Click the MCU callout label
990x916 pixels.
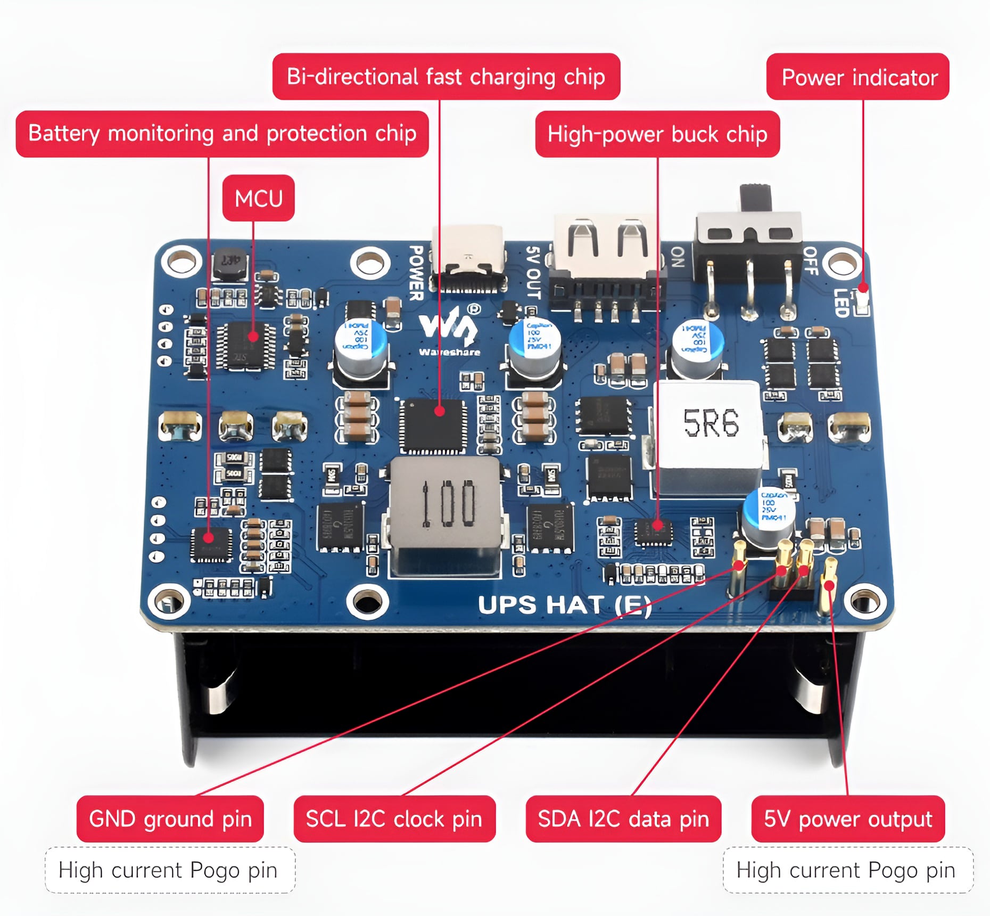[258, 198]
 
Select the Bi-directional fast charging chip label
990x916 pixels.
[446, 77]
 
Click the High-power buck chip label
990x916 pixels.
[657, 134]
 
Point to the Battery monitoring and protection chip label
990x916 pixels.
[222, 134]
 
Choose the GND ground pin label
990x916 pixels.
[170, 819]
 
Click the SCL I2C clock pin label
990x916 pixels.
[394, 819]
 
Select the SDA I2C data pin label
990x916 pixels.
[623, 819]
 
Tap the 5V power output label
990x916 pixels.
[848, 819]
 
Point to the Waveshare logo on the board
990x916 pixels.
[449, 330]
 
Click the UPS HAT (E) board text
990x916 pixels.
[564, 606]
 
